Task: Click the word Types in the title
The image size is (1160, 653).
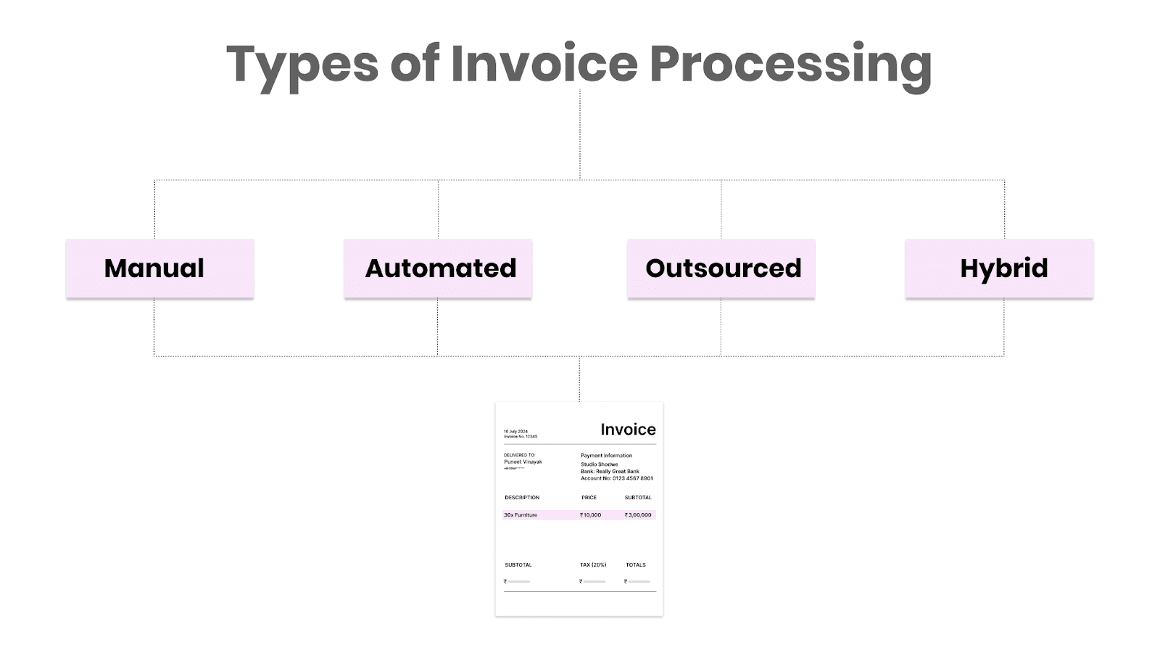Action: pyautogui.click(x=302, y=64)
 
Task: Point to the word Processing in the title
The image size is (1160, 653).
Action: pyautogui.click(x=790, y=64)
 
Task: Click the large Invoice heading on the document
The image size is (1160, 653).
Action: pyautogui.click(x=628, y=430)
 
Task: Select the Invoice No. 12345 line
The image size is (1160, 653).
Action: pyautogui.click(x=521, y=437)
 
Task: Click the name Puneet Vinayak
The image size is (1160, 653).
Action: pyautogui.click(x=523, y=462)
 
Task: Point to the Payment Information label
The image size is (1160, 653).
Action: pyautogui.click(x=606, y=456)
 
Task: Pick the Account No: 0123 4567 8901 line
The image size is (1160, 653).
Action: pyautogui.click(x=616, y=478)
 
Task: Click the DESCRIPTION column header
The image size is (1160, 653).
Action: pyautogui.click(x=522, y=498)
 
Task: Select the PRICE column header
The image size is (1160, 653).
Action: pyautogui.click(x=589, y=498)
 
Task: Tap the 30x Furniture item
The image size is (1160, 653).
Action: pyautogui.click(x=521, y=515)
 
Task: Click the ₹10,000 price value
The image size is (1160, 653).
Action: pyautogui.click(x=591, y=515)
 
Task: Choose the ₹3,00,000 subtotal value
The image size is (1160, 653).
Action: pyautogui.click(x=638, y=515)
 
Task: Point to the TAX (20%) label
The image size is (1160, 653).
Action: pyautogui.click(x=593, y=564)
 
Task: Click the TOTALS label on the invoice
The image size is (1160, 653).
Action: pyautogui.click(x=636, y=564)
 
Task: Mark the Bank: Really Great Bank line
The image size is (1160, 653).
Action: pyautogui.click(x=610, y=471)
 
